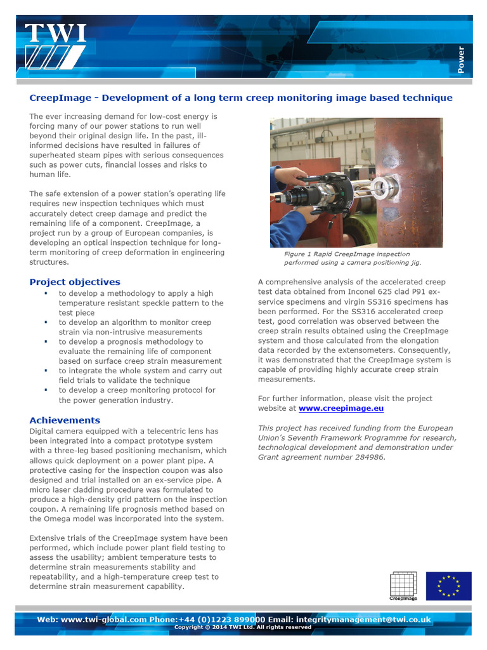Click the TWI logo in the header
55,46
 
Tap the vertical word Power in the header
461,60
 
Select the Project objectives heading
75,282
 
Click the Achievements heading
65,420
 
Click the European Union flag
448,585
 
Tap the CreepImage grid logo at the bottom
403,585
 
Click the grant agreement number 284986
367,457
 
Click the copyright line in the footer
243,627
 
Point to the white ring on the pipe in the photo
384,185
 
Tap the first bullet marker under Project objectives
46,294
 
